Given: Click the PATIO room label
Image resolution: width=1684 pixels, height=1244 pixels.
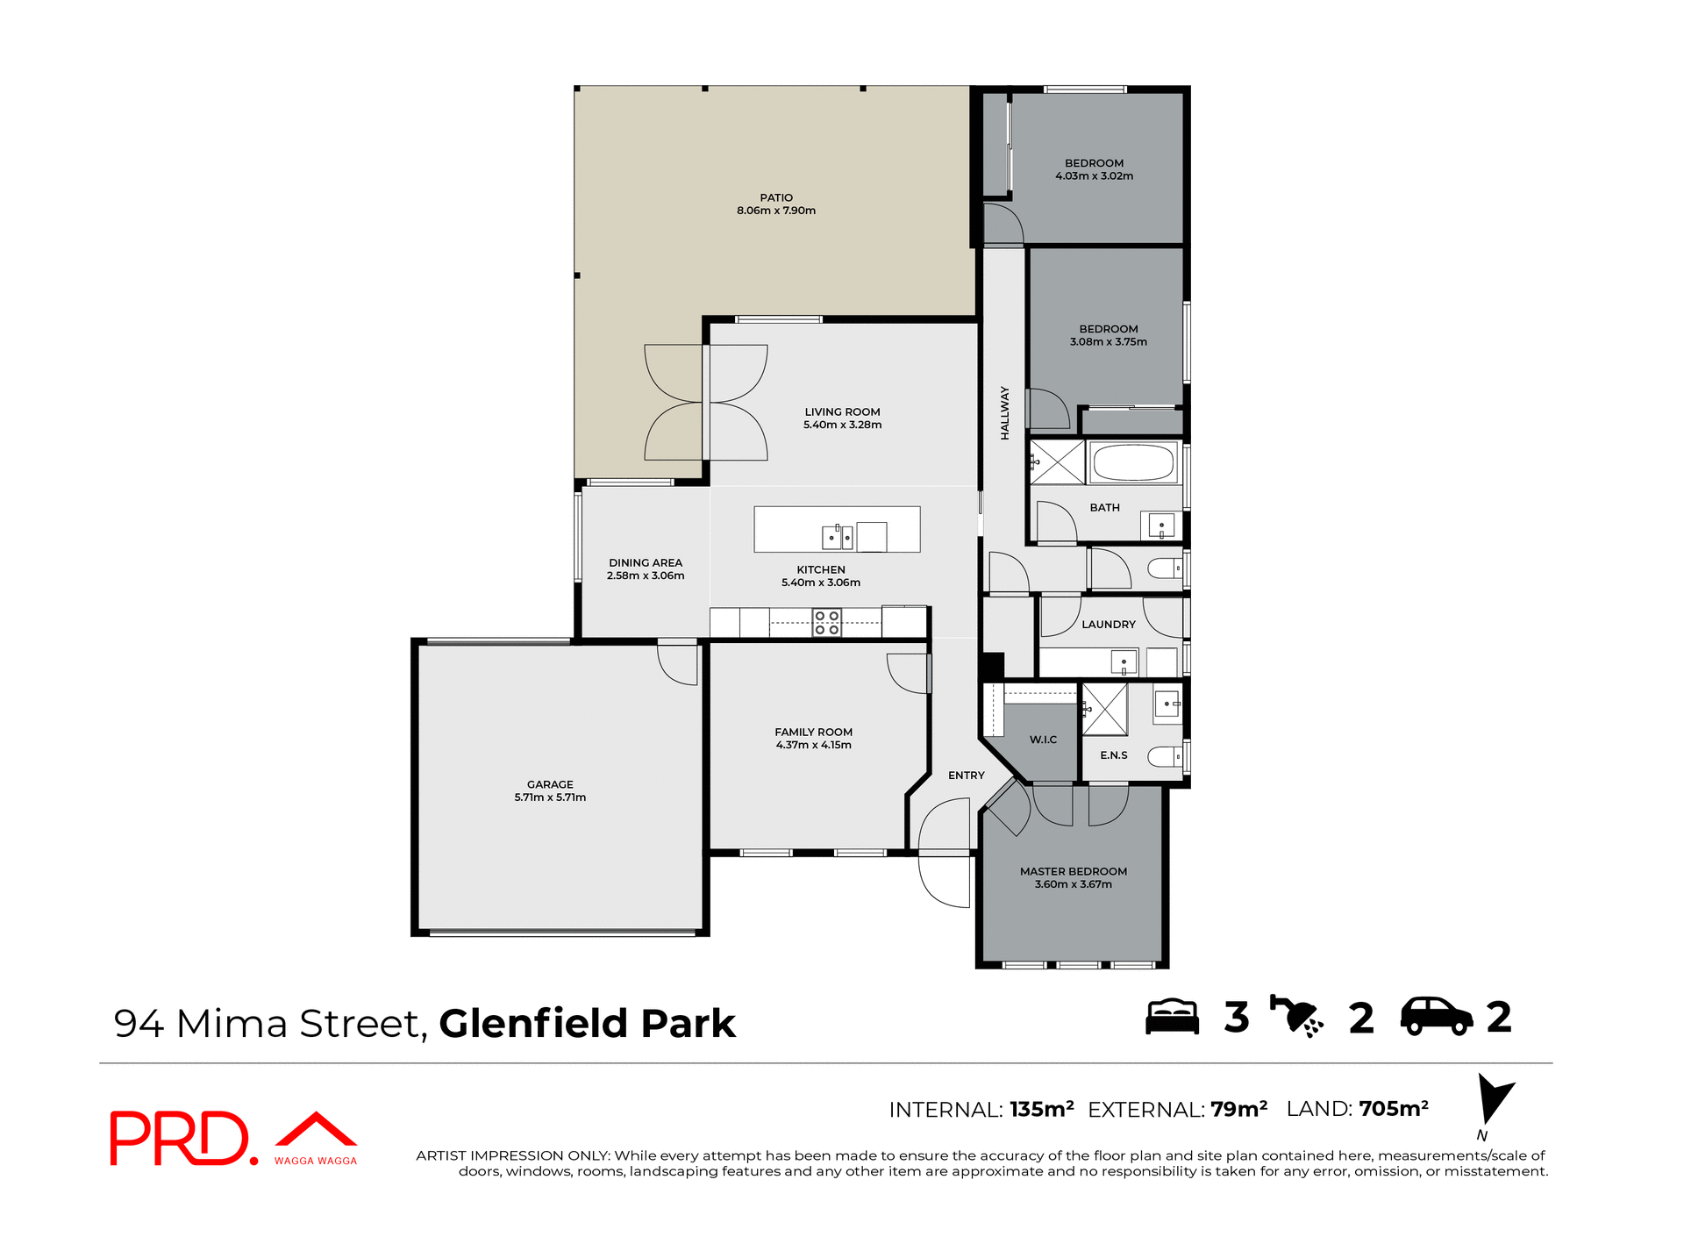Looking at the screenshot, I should [776, 198].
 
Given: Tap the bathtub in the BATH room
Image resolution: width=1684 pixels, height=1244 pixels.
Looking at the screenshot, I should [1132, 462].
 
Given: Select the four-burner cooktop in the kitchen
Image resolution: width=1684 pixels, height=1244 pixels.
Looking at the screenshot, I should [827, 623].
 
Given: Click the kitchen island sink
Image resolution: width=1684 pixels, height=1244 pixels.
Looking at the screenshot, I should [837, 536].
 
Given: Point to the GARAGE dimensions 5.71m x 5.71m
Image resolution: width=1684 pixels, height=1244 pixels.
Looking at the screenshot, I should [550, 797].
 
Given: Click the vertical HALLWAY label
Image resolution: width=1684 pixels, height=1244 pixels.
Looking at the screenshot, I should [1005, 412].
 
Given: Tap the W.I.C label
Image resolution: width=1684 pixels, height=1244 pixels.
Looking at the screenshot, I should [1043, 740].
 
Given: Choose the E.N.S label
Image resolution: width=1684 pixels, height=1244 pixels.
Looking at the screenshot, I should [1114, 755].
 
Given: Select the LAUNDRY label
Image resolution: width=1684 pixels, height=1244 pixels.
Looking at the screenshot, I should [1109, 625].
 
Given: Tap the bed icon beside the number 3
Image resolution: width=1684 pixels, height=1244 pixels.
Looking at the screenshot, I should [1173, 1018].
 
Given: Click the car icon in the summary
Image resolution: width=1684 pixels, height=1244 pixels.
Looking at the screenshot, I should [1437, 1017].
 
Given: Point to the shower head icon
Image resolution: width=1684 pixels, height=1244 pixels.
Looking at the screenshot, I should [1296, 1017].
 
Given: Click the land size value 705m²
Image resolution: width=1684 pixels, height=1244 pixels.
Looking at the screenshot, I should [1394, 1109].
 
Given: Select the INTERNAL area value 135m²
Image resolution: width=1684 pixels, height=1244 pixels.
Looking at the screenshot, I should [1041, 1110].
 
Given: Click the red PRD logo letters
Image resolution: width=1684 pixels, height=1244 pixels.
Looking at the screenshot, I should [180, 1138].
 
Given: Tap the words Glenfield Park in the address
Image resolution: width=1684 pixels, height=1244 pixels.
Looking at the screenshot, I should [587, 1024].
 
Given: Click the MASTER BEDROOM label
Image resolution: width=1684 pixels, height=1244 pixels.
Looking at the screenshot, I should [1073, 872].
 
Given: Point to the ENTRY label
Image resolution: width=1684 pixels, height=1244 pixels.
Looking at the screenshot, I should [966, 776].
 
